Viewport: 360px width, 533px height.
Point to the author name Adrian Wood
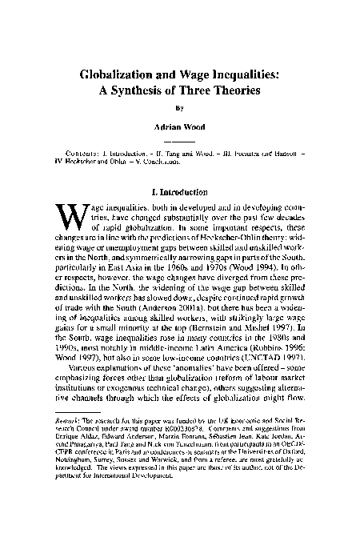click(179, 128)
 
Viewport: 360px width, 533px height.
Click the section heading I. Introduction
click(179, 193)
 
